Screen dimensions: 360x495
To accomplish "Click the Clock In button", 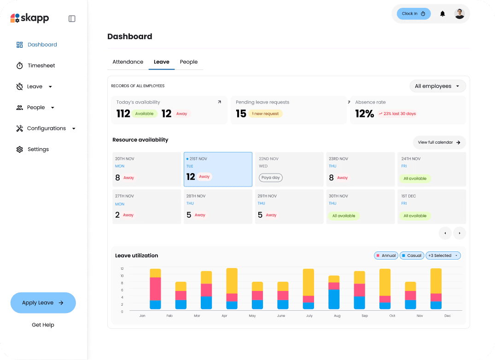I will [413, 14].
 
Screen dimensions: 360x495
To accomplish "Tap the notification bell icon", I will [443, 14].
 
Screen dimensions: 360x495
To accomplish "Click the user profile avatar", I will [460, 14].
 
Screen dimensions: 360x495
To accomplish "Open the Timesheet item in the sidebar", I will [41, 66].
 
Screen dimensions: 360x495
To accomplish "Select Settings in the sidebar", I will [38, 150].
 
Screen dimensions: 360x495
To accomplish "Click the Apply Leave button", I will [43, 303].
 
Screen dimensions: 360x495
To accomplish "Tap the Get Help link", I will [43, 325].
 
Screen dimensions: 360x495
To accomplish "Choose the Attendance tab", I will [128, 62].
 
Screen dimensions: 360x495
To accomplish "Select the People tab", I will [189, 62].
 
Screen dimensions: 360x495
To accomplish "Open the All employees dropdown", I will [437, 86].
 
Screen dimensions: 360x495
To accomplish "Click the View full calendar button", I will [439, 143].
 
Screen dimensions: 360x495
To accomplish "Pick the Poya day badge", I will [271, 178].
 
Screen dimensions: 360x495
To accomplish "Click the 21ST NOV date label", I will [198, 159].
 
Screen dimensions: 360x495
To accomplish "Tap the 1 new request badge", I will [265, 114].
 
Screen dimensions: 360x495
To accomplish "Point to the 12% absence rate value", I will [364, 114].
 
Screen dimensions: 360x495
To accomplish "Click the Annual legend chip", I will [386, 255].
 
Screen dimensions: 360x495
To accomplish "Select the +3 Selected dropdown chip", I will [443, 255].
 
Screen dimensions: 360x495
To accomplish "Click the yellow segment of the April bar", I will [232, 281].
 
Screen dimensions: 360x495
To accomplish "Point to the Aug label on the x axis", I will [337, 316].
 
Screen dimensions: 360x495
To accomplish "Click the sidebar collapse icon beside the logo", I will [72, 19].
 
